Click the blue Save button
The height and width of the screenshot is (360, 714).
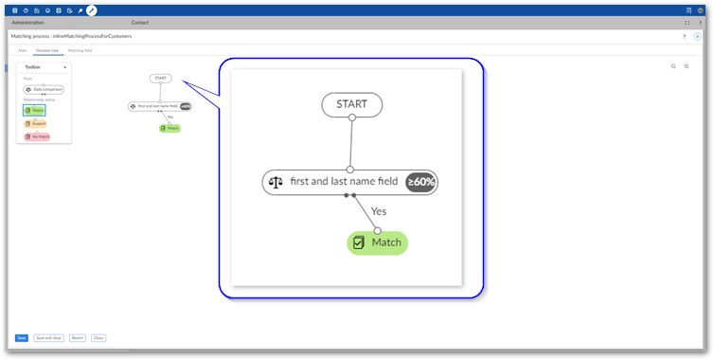21,337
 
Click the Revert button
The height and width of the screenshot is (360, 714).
78,337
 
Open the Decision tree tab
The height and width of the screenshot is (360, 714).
47,49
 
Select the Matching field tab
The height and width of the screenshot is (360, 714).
80,49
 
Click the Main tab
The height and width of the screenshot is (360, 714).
23,49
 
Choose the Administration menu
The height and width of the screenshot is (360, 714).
27,22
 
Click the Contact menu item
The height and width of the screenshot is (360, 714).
139,22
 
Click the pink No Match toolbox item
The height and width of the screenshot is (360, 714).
37,136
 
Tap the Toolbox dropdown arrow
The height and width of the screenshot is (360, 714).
64,68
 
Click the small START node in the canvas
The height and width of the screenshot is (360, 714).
160,79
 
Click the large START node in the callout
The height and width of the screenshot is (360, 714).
351,104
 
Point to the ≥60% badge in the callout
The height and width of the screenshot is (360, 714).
421,182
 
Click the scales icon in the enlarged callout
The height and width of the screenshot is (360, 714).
277,182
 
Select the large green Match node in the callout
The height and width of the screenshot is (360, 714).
377,243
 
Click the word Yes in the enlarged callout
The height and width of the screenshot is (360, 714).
379,211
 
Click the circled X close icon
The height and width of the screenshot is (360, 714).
698,36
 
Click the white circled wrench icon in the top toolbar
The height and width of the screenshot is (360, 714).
92,10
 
